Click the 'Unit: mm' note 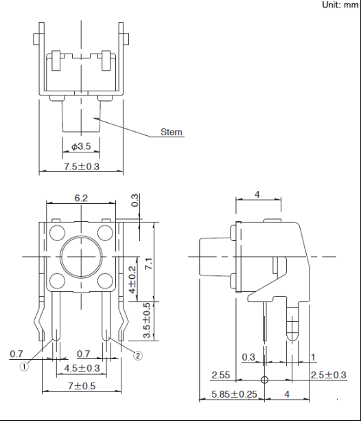point(340,5)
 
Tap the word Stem point(172,132)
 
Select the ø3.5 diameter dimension point(81,146)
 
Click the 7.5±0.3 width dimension point(82,166)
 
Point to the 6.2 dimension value point(81,198)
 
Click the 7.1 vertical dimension point(148,264)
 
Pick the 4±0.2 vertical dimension point(132,279)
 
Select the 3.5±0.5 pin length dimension point(147,320)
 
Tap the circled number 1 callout point(24,367)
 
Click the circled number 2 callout point(138,356)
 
